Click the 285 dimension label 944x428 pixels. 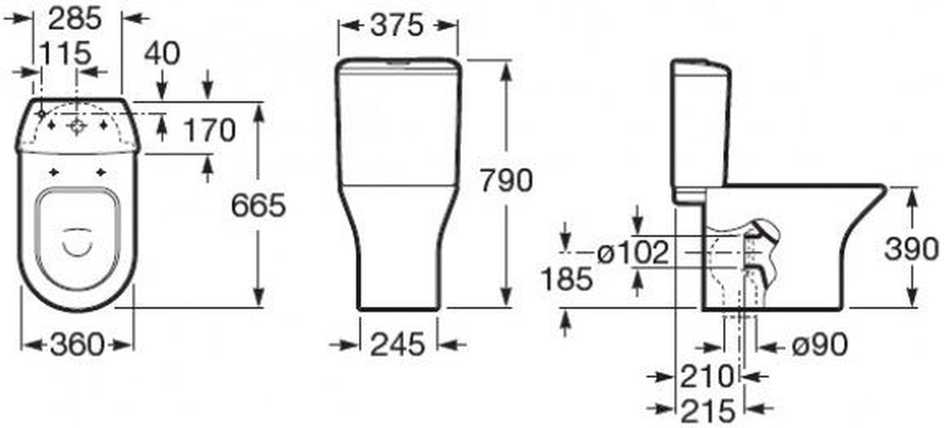coord(75,19)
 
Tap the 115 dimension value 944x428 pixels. coord(65,53)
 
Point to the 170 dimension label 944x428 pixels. coord(209,130)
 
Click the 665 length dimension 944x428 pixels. coord(258,205)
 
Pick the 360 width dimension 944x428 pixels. coord(77,344)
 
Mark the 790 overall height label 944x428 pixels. coord(506,180)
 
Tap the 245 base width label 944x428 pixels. coord(398,344)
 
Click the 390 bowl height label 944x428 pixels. coord(911,249)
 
